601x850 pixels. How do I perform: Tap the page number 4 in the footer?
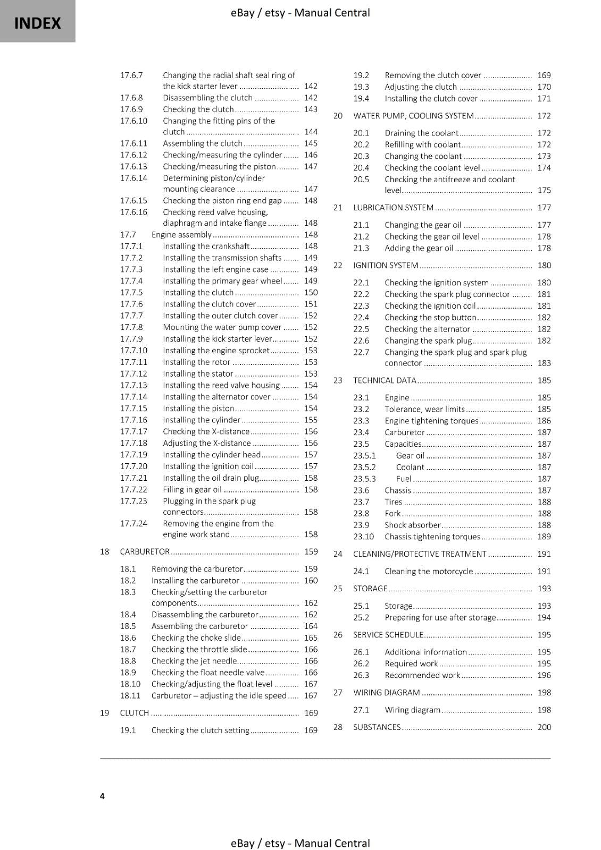[x=102, y=796]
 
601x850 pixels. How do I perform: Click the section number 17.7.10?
[x=133, y=351]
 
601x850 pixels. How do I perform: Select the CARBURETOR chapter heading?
[x=145, y=551]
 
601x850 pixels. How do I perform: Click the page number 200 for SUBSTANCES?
[x=544, y=727]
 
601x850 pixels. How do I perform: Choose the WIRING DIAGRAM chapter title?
[x=387, y=692]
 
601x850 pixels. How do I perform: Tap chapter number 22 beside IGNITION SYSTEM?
[x=338, y=265]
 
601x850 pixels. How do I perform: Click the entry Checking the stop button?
[x=430, y=318]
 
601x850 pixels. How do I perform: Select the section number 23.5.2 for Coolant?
[x=364, y=467]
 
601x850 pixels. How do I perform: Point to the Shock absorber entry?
[x=413, y=525]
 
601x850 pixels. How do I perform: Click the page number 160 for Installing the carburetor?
[x=311, y=581]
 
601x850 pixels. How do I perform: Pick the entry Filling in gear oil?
[x=192, y=490]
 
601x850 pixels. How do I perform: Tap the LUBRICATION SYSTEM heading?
[x=394, y=208]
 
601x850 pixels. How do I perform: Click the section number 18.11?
[x=130, y=696]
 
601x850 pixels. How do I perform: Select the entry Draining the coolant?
[x=421, y=133]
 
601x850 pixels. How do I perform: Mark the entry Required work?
[x=411, y=664]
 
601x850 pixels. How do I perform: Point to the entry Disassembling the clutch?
[x=207, y=98]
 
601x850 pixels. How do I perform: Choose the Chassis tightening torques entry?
[x=432, y=537]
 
